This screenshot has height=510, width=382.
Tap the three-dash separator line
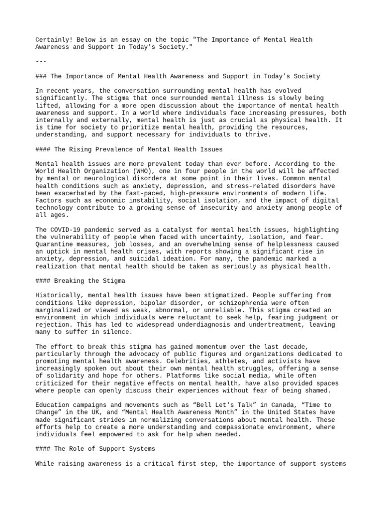(x=41, y=61)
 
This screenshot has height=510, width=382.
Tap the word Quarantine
(x=54, y=245)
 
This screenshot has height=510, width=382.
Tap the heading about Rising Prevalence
(x=129, y=149)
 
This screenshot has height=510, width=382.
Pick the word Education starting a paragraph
(x=54, y=405)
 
